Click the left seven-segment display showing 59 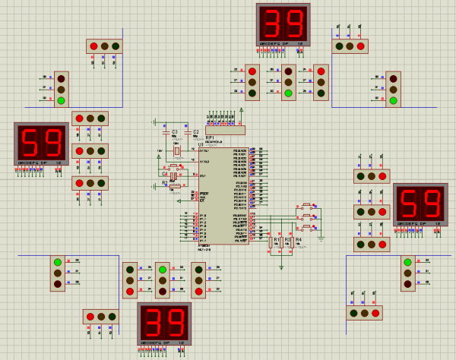[42, 143]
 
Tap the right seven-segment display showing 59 [420, 204]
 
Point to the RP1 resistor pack [225, 130]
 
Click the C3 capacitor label [174, 132]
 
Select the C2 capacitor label [196, 132]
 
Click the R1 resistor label [278, 240]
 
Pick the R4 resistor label [298, 240]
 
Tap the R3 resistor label [288, 240]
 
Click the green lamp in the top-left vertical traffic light [61, 100]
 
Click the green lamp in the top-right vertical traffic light [393, 100]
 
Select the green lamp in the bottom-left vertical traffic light [57, 263]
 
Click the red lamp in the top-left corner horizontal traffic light [94, 46]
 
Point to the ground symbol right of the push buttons [322, 237]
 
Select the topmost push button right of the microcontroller [308, 205]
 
